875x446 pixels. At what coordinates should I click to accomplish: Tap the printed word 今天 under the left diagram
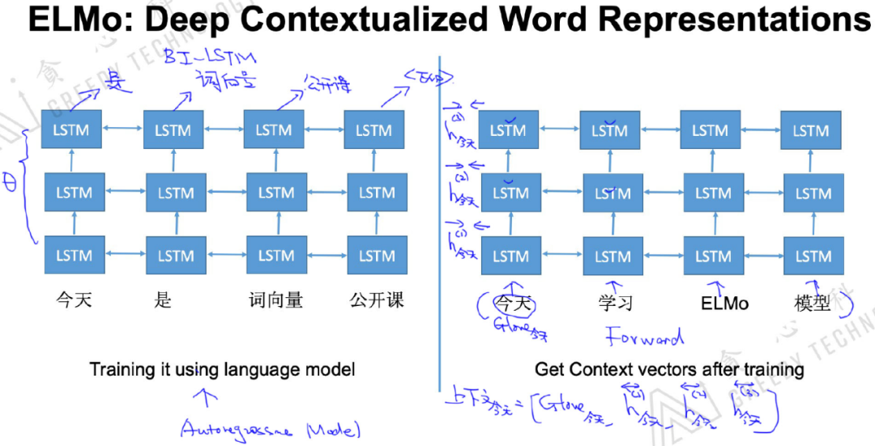[74, 300]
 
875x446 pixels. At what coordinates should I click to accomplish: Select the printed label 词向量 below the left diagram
[275, 300]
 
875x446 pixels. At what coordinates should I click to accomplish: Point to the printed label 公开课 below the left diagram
[376, 300]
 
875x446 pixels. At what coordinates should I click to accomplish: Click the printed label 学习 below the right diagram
[615, 304]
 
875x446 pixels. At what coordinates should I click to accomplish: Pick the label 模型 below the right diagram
[812, 304]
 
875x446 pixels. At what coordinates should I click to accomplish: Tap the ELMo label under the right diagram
[724, 304]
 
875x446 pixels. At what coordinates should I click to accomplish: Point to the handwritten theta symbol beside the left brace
[11, 183]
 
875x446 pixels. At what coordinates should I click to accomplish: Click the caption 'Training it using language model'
[222, 370]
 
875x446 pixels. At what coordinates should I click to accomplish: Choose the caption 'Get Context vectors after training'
[669, 370]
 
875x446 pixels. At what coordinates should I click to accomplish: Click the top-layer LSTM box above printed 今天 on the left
[71, 130]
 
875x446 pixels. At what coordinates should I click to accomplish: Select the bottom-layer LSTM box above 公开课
[377, 256]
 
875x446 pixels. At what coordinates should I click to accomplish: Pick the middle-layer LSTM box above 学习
[612, 193]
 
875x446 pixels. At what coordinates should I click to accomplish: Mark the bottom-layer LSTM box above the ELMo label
[713, 256]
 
